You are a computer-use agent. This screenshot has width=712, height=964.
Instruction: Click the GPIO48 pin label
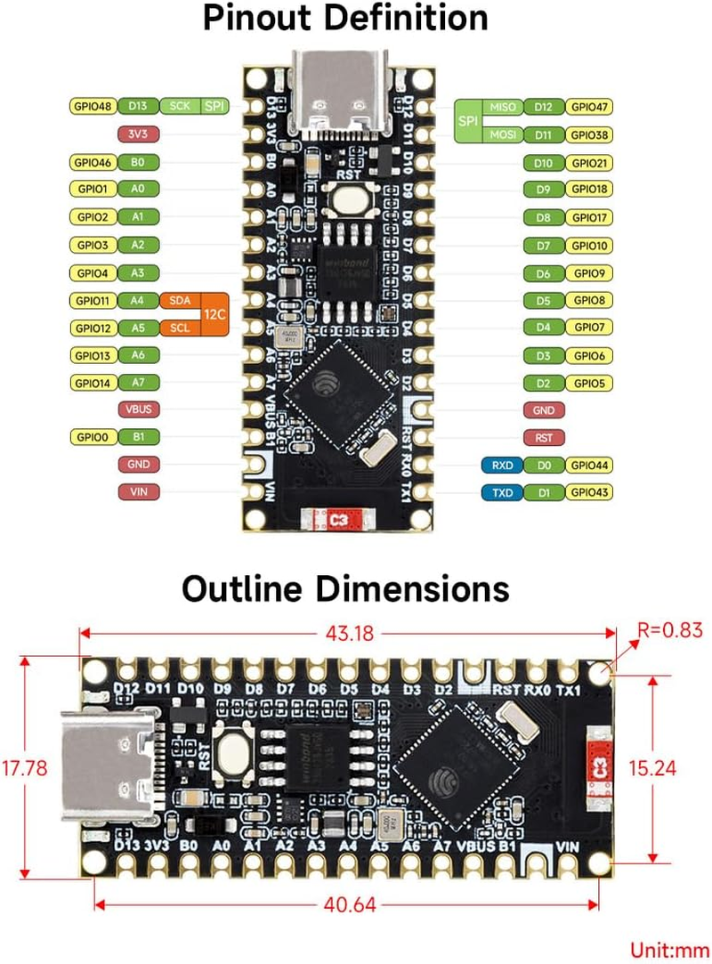click(93, 107)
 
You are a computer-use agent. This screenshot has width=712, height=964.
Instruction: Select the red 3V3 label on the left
click(138, 134)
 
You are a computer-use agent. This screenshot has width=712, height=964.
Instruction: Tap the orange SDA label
click(180, 301)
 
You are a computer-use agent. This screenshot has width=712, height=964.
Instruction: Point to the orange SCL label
click(180, 328)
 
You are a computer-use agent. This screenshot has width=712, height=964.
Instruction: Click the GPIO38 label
click(590, 135)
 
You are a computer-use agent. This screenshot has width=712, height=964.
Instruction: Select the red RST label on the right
click(544, 438)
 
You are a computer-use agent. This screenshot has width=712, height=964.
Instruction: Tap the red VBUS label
click(138, 410)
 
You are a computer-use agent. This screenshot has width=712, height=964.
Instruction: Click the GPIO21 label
click(590, 163)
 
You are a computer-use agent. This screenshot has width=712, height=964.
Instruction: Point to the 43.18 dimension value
click(349, 634)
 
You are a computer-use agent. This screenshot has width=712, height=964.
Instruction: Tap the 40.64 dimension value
click(349, 905)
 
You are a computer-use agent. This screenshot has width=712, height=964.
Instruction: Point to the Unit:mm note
click(667, 949)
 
